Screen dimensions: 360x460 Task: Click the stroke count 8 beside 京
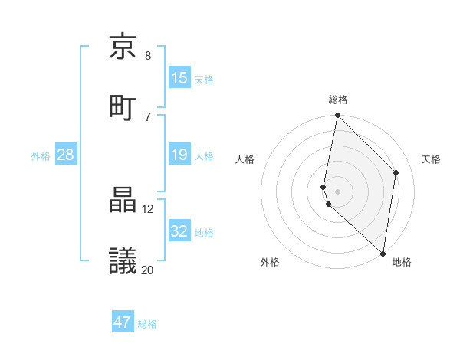pyautogui.click(x=148, y=56)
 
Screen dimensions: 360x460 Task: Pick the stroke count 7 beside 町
pyautogui.click(x=148, y=116)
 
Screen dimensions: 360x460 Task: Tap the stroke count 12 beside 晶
pyautogui.click(x=148, y=208)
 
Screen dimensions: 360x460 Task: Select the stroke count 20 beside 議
pyautogui.click(x=148, y=270)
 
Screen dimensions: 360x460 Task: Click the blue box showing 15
pyautogui.click(x=179, y=77)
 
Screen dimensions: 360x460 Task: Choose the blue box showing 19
pyautogui.click(x=179, y=155)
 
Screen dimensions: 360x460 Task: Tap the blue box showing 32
pyautogui.click(x=179, y=231)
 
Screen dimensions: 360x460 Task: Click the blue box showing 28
pyautogui.click(x=65, y=155)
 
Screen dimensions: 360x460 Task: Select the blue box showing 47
pyautogui.click(x=123, y=322)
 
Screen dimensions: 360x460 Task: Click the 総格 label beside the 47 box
pyautogui.click(x=148, y=324)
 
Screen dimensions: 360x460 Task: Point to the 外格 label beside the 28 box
pyautogui.click(x=41, y=155)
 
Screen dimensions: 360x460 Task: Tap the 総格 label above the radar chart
pyautogui.click(x=338, y=100)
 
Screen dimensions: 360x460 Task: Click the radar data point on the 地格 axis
pyautogui.click(x=383, y=253)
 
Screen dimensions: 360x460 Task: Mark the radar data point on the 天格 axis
pyautogui.click(x=396, y=172)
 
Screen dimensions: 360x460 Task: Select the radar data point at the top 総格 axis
pyautogui.click(x=337, y=116)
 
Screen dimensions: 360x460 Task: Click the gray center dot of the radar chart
pyautogui.click(x=337, y=191)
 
